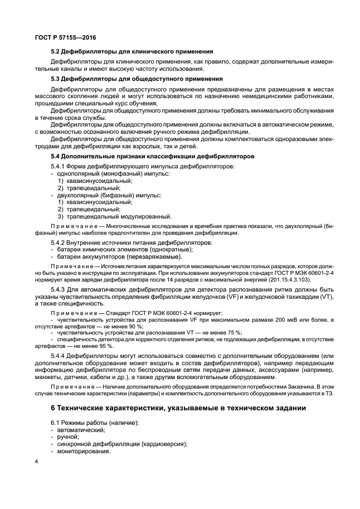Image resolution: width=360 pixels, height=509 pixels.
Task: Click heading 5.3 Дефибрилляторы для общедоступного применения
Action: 137,79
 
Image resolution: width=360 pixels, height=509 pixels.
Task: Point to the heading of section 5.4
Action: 153,157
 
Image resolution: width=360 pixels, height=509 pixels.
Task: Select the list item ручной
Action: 69,437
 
